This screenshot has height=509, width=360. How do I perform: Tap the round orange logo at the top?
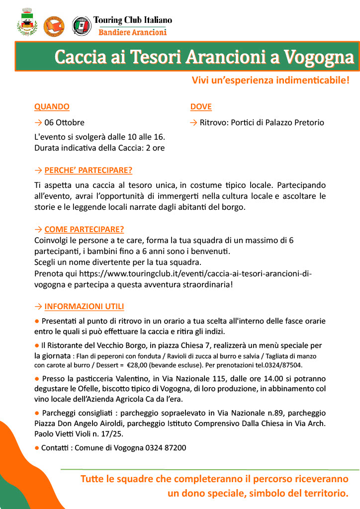pos(55,26)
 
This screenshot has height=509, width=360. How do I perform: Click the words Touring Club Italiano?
pos(132,20)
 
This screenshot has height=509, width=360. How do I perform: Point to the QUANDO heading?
pos(52,107)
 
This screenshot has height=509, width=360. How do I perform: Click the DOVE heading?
pos(201,107)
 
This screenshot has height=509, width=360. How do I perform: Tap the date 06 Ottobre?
pos(64,122)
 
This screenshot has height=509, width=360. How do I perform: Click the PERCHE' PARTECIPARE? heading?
pos(88,170)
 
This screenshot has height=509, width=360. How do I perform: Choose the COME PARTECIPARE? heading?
pos(84,229)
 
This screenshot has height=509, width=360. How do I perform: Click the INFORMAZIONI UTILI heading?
pos(84,306)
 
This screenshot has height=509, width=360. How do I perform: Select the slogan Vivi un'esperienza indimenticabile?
pos(270,80)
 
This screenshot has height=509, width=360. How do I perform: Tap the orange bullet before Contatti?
pos(37,448)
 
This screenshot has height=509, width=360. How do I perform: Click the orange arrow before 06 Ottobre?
pos(38,122)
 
